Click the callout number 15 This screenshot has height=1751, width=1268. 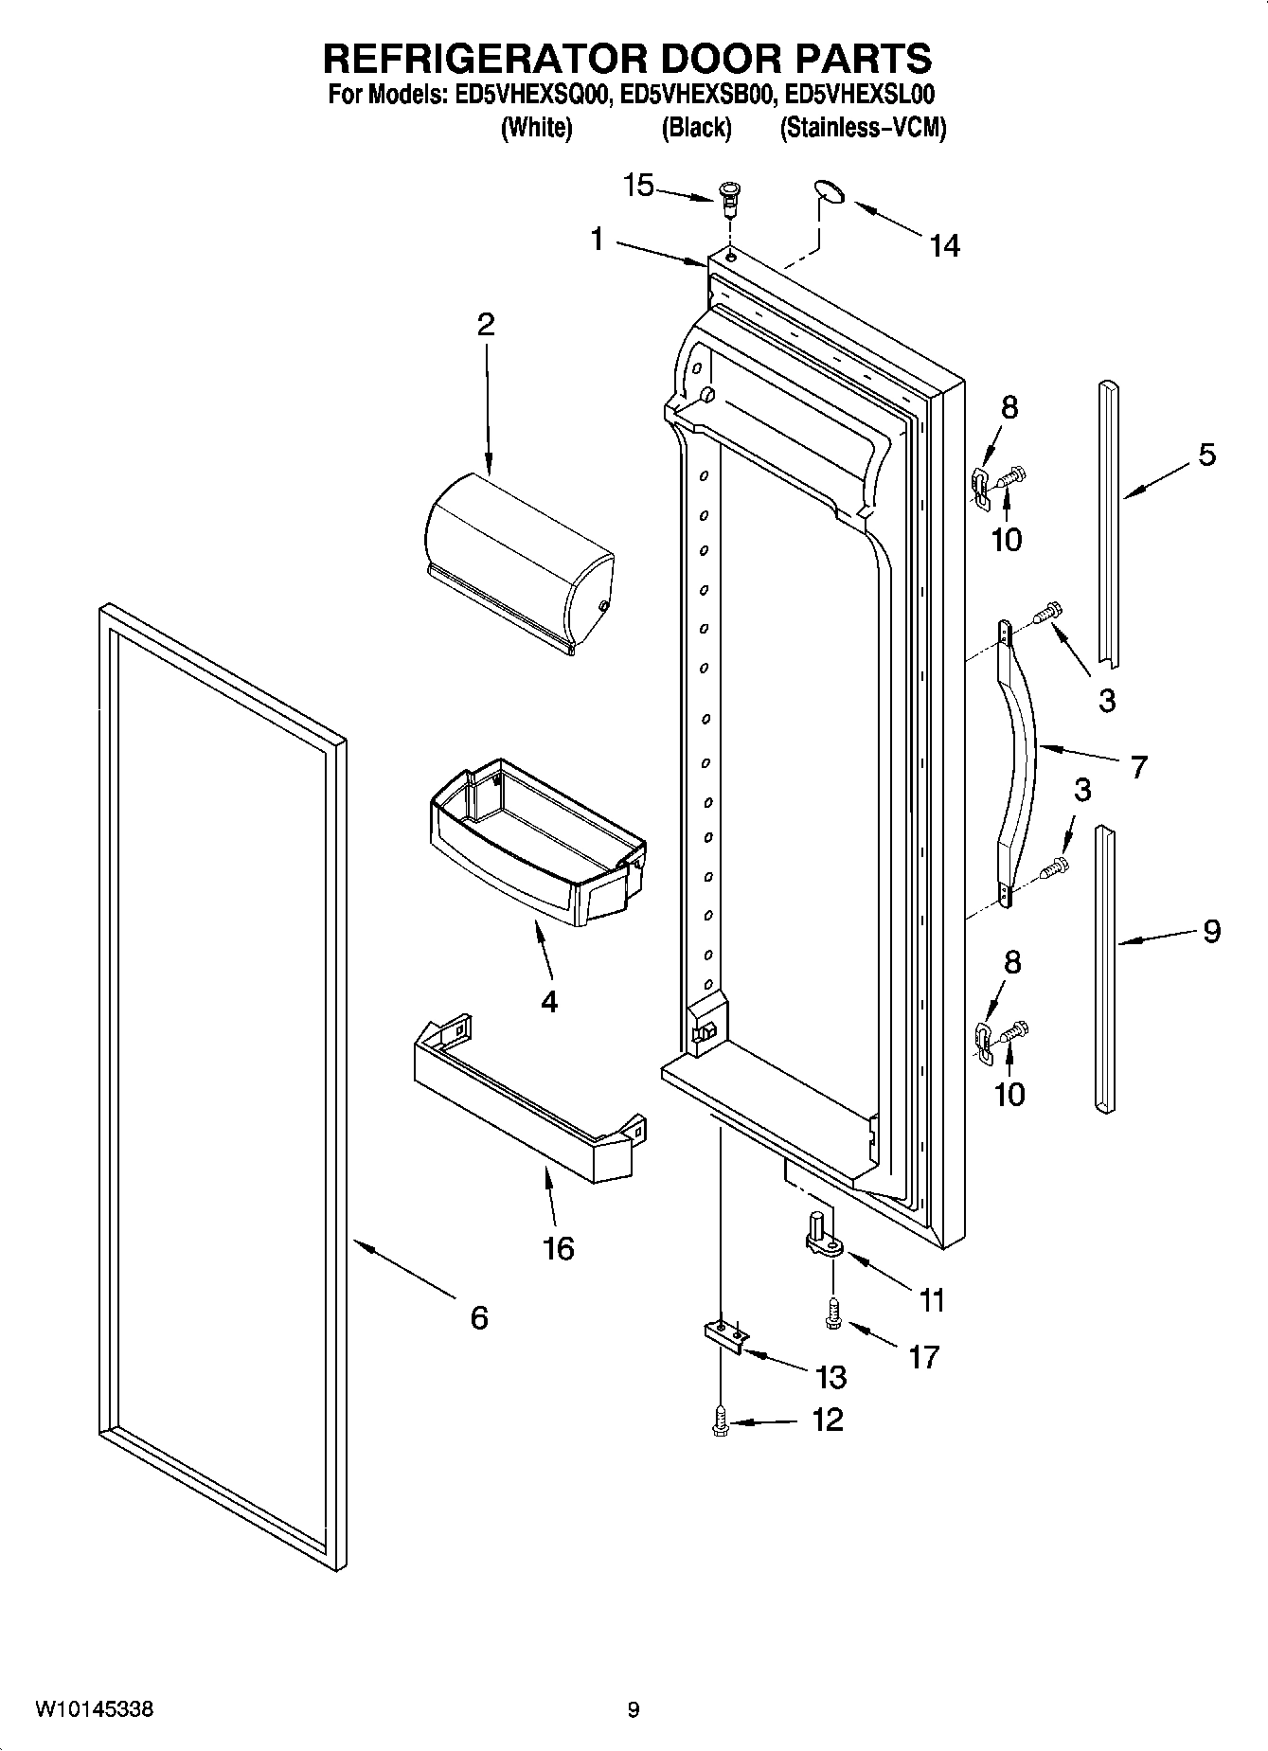coord(638,186)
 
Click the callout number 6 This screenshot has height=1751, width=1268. coord(479,1317)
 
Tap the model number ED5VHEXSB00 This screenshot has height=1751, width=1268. coord(698,95)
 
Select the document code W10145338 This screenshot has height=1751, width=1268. coord(94,1709)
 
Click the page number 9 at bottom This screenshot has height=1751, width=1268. coord(633,1709)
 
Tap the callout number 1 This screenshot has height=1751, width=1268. coord(597,240)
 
